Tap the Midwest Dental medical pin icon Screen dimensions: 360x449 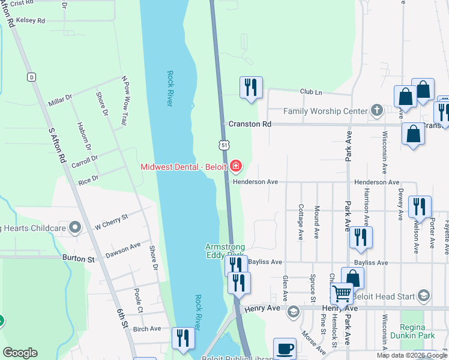click(x=236, y=166)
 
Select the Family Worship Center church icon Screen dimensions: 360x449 click(x=376, y=110)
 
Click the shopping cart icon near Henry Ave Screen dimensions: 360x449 click(x=342, y=294)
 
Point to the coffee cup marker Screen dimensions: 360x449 click(x=285, y=349)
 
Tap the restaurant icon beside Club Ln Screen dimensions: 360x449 click(x=250, y=87)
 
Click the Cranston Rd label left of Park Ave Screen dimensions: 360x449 click(x=250, y=124)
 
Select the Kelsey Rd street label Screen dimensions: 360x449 click(x=32, y=20)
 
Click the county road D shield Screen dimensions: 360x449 click(x=31, y=76)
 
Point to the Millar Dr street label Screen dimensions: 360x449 click(x=60, y=100)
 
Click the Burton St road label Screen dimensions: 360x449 click(x=79, y=259)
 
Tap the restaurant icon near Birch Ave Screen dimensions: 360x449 click(x=182, y=337)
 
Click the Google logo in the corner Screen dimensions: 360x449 click(x=20, y=353)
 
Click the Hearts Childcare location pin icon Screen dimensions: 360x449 click(x=74, y=227)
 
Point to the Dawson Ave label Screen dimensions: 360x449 click(x=123, y=250)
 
